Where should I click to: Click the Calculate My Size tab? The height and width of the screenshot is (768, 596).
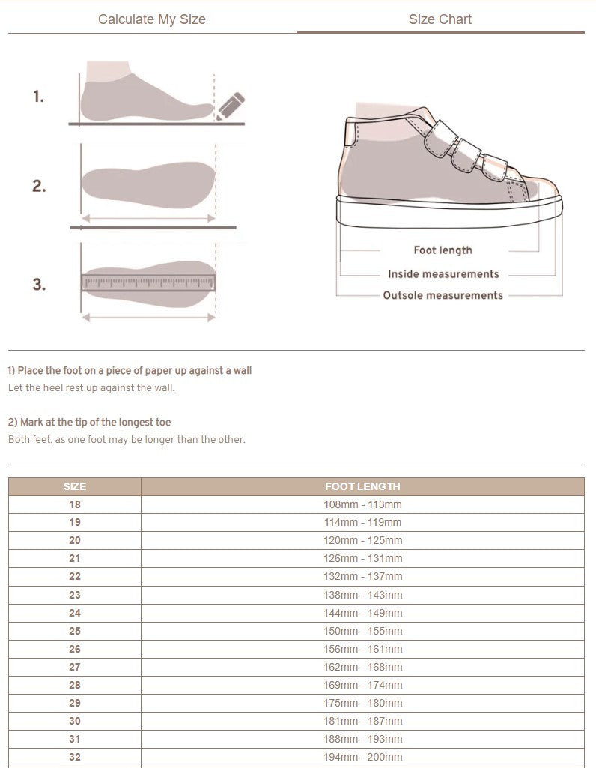tap(151, 19)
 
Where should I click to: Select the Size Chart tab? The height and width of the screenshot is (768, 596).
tap(440, 19)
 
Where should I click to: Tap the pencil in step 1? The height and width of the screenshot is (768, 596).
tap(232, 106)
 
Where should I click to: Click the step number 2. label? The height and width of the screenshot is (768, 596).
tap(39, 187)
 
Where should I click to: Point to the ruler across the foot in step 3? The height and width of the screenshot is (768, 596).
tap(148, 282)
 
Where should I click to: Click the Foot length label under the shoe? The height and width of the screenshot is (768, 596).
tap(443, 250)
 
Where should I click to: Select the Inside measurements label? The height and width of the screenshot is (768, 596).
tap(443, 274)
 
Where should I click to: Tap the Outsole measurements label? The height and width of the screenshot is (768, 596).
tap(443, 295)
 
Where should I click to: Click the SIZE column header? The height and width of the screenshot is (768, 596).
tap(75, 486)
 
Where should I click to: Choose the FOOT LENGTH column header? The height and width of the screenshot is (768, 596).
tap(362, 486)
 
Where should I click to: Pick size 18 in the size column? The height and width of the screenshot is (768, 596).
tap(75, 504)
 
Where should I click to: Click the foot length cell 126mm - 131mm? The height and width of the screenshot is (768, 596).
tap(362, 558)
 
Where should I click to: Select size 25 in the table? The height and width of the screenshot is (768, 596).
tap(75, 631)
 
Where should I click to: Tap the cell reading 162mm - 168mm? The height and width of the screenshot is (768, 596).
tap(362, 667)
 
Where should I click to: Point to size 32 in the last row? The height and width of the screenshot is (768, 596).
tap(75, 757)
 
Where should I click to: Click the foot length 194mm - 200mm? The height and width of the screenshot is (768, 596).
tap(362, 757)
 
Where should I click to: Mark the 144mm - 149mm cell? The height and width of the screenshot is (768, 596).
tap(362, 613)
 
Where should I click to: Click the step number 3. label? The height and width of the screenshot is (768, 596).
tap(39, 285)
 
